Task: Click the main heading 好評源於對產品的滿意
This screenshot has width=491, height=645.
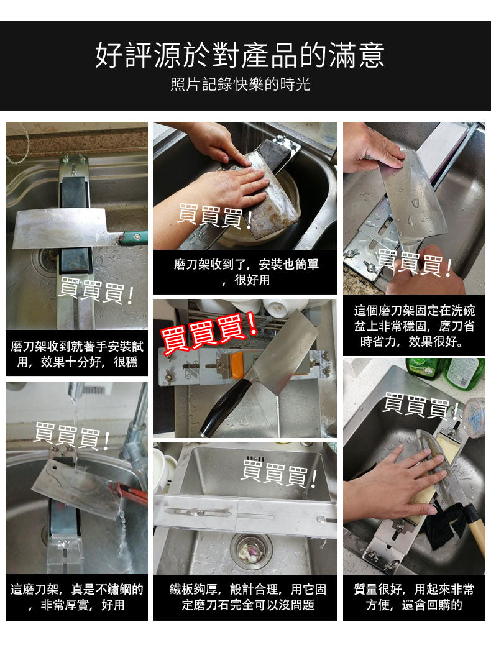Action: [x=240, y=55]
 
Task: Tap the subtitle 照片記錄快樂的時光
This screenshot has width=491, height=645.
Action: [x=240, y=85]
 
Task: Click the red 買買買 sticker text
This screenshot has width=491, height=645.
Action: [x=209, y=330]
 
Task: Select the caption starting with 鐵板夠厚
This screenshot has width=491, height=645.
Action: [x=247, y=597]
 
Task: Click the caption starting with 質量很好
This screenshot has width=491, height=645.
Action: [x=414, y=597]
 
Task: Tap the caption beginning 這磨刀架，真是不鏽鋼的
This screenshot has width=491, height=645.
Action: [x=76, y=597]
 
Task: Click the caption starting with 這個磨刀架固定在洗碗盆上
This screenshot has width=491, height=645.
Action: [x=414, y=326]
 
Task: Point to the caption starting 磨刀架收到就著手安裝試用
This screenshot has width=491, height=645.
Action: [x=76, y=354]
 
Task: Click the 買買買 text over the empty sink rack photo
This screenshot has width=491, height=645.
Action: [x=279, y=473]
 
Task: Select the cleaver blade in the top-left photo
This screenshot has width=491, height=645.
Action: [x=59, y=229]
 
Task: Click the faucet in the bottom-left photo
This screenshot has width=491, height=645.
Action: [x=136, y=423]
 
